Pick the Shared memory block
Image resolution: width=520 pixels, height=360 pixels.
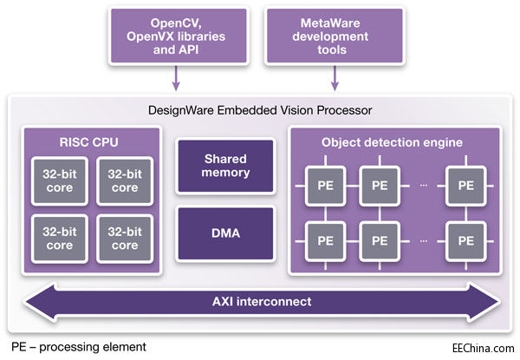pos(226,166)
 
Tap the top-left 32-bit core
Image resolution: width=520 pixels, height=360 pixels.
pos(57,180)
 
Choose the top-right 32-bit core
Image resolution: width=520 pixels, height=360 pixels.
pos(123,180)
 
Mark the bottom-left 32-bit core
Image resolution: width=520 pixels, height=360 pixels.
pos(57,240)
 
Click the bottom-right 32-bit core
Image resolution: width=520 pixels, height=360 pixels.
pos(123,240)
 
